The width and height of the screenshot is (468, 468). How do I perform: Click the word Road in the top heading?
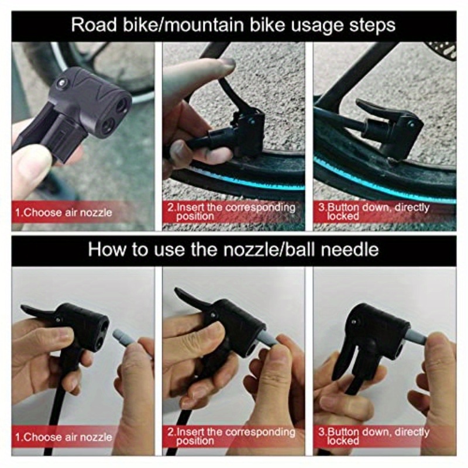click(x=94, y=25)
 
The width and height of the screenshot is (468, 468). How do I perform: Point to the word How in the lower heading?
click(x=107, y=249)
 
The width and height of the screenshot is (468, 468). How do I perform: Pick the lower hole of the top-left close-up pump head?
click(x=108, y=126)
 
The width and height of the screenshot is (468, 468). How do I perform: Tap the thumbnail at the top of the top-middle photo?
click(x=227, y=64)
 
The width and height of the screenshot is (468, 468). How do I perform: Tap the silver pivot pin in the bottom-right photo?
click(x=354, y=322)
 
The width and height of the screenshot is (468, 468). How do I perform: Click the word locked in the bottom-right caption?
click(x=343, y=441)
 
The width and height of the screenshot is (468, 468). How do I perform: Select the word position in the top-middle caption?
click(x=195, y=216)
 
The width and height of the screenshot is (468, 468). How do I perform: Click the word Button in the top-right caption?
click(x=343, y=207)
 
